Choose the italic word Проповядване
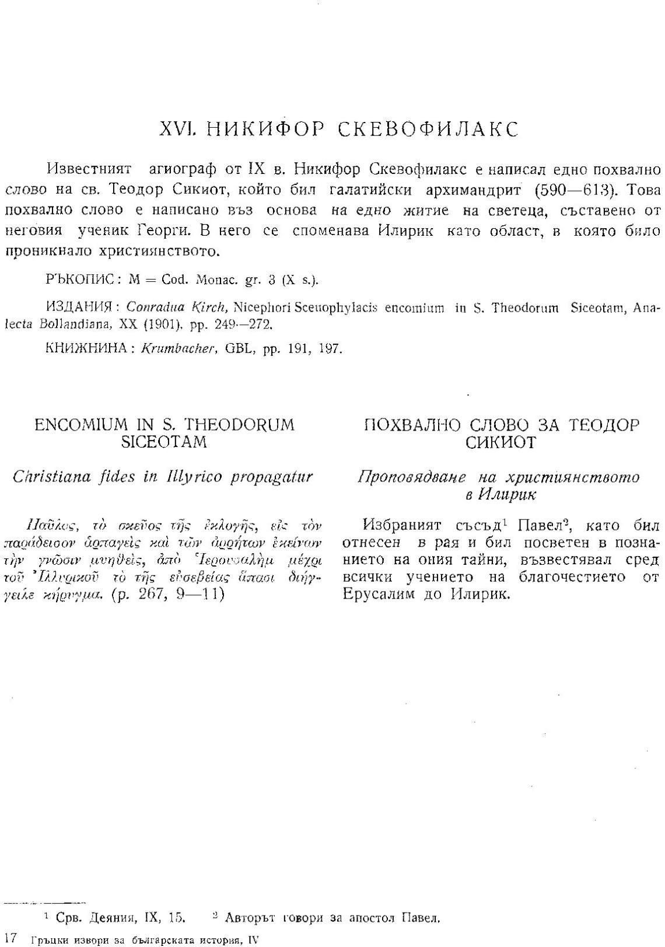[x=412, y=477]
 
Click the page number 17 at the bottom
[x=9, y=938]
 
